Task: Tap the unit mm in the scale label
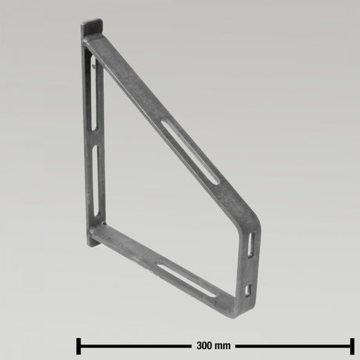(x=225, y=345)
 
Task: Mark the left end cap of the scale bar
(x=77, y=345)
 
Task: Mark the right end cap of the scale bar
(x=352, y=345)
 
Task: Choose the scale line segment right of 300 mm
(x=294, y=345)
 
